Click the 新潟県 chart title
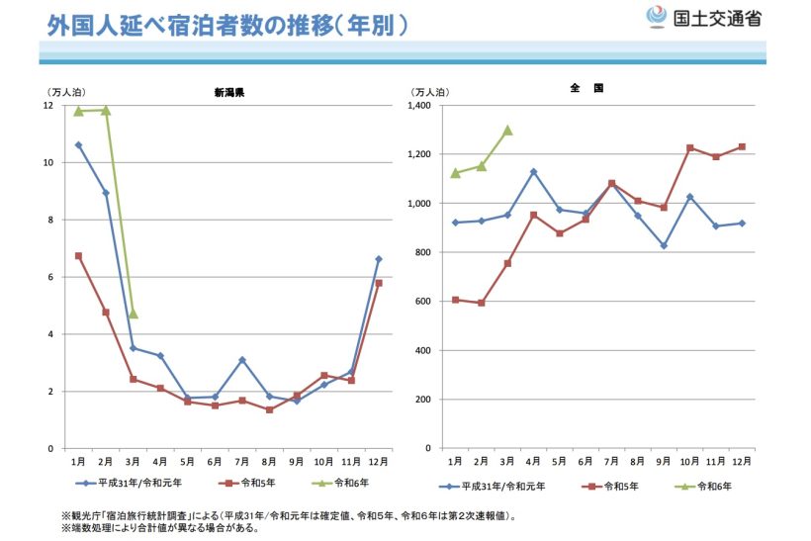229,92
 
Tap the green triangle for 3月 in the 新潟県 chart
134,314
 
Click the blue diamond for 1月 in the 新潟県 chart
78,145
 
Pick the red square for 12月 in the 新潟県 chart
379,283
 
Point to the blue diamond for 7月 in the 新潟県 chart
242,360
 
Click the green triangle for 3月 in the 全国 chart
507,130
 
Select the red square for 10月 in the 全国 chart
690,148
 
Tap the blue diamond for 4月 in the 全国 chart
534,172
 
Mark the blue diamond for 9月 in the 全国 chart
664,245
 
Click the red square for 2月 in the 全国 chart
482,303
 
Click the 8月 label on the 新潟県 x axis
269,462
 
